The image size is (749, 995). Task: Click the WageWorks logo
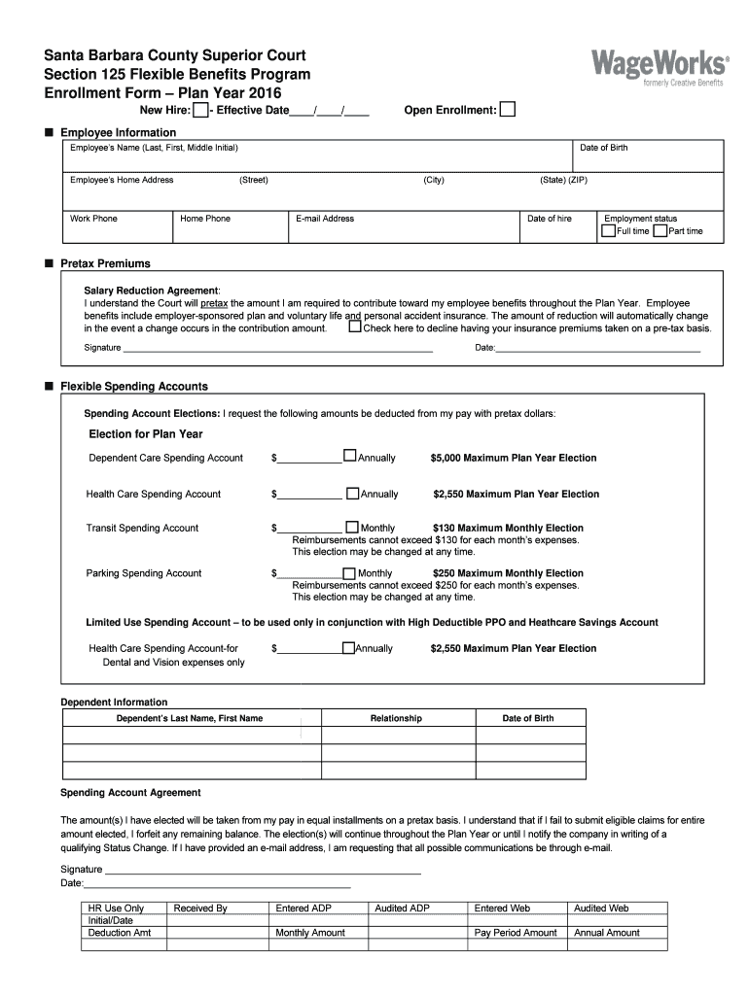click(x=659, y=68)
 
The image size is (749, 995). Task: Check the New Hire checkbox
click(x=199, y=111)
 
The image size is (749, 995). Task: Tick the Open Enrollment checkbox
click(x=508, y=111)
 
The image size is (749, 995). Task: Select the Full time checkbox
click(x=608, y=231)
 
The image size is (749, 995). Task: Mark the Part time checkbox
click(x=660, y=231)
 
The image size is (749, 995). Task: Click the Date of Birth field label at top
click(x=603, y=148)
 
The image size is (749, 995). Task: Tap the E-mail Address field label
click(x=325, y=219)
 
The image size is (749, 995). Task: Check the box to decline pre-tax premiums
click(x=354, y=327)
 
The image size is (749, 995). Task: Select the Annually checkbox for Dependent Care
click(x=350, y=456)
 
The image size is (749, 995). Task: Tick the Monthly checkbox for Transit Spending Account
click(x=352, y=528)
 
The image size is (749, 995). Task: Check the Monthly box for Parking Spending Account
click(x=350, y=572)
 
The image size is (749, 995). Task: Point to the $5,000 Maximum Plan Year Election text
click(x=514, y=458)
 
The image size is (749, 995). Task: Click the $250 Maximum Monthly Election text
click(x=508, y=573)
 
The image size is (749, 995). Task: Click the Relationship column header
click(x=396, y=718)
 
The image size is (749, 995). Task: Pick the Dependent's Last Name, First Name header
click(x=190, y=718)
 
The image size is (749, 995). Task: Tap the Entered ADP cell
click(x=305, y=909)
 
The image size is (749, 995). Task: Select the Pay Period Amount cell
click(x=516, y=933)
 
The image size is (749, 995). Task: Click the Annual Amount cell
click(x=607, y=933)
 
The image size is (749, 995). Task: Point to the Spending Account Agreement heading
click(x=130, y=793)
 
